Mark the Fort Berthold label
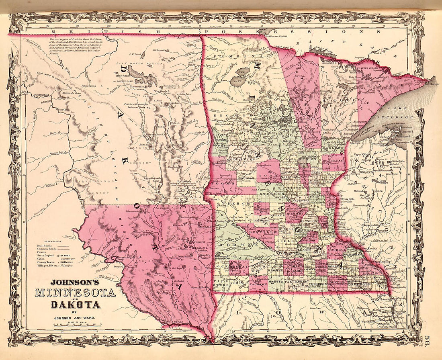pos(41,95)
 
